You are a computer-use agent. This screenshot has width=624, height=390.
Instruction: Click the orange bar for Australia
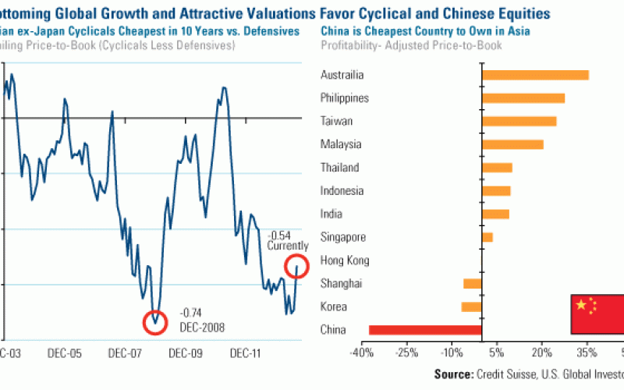(x=535, y=75)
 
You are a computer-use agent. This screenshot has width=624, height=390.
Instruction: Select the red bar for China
(x=425, y=330)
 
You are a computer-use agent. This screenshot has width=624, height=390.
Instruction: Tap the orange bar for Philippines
(x=523, y=98)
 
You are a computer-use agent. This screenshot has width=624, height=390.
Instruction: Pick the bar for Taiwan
(x=519, y=121)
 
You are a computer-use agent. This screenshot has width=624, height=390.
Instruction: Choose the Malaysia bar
(x=512, y=144)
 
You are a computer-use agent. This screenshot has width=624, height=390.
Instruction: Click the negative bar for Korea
(x=472, y=307)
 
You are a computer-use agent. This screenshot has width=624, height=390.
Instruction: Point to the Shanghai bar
(x=473, y=284)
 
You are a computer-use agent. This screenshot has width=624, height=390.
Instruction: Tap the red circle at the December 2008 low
(x=155, y=321)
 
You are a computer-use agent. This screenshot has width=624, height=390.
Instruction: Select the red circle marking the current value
(x=296, y=267)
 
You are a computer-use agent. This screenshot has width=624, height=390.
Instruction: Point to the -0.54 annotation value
(x=280, y=235)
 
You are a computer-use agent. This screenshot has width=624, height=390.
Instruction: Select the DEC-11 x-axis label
(x=246, y=353)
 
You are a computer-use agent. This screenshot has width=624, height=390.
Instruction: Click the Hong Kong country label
(x=345, y=261)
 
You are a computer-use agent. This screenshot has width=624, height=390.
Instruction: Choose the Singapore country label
(x=342, y=237)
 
